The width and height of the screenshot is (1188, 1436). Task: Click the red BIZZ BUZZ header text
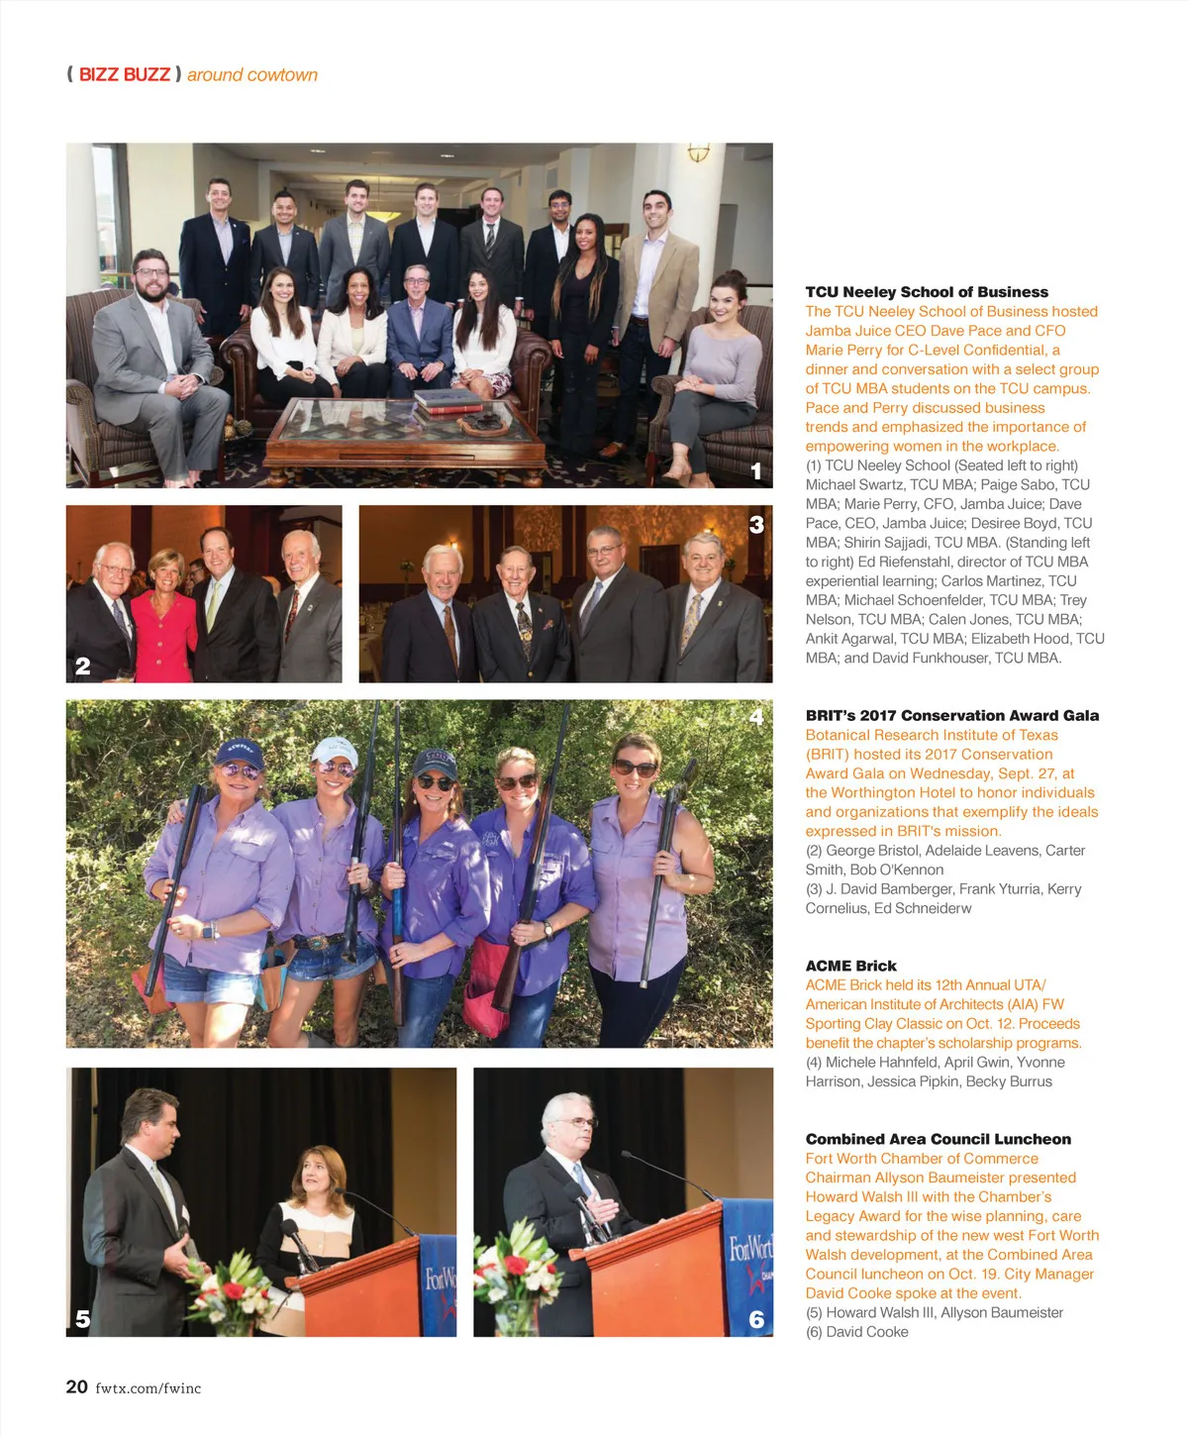point(124,75)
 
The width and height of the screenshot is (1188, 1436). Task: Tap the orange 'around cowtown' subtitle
point(252,75)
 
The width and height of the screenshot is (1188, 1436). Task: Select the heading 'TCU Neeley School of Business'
point(927,292)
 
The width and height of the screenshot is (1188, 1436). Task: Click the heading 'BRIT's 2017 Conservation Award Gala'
point(951,716)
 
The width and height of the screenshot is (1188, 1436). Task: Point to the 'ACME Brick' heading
point(850,967)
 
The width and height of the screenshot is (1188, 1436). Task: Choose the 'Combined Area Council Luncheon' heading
point(938,1140)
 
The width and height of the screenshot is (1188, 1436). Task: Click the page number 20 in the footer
point(76,1387)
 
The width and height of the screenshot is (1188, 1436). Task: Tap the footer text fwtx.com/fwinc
point(148,1388)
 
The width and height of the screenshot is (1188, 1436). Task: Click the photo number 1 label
point(756,471)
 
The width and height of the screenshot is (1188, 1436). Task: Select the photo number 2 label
point(83,667)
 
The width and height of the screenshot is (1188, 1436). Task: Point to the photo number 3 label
point(756,524)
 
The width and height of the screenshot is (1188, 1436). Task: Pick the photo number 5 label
point(83,1318)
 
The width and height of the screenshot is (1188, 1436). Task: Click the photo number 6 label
point(756,1318)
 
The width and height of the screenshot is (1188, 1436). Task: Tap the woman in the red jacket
point(164,619)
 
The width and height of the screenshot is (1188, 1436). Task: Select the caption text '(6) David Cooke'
point(856,1332)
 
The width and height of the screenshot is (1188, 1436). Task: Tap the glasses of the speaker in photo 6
point(579,1122)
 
